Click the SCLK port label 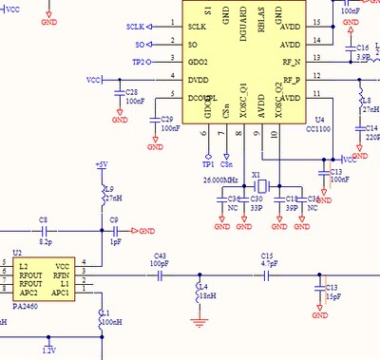point(134,27)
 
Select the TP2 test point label point(138,61)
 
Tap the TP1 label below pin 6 point(208,163)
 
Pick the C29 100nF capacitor point(154,121)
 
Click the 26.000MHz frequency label point(220,178)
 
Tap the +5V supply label point(102,165)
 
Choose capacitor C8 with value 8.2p point(43,231)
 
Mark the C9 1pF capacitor point(115,231)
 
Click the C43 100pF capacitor point(161,273)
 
